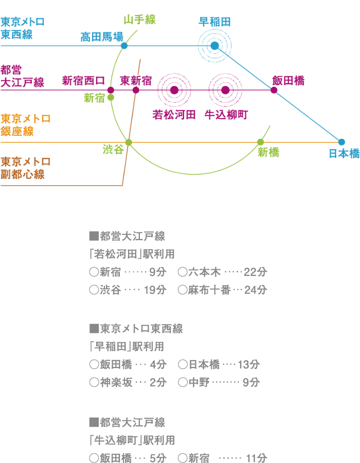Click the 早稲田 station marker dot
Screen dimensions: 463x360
215,46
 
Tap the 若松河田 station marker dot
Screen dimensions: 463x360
174,90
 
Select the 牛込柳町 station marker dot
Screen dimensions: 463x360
225,90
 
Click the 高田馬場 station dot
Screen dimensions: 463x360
124,46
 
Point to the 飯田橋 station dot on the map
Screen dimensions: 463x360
274,90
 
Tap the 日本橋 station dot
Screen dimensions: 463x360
341,142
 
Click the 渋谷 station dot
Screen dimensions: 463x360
129,142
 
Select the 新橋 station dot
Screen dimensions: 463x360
260,142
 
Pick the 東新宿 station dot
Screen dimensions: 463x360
136,90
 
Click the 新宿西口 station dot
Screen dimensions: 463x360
111,90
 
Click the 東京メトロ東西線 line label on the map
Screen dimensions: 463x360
23,28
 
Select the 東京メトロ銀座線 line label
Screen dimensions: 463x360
25,125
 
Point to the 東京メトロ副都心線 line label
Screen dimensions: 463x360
25,168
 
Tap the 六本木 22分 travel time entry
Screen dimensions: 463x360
222,272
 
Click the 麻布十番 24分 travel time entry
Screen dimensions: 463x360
222,290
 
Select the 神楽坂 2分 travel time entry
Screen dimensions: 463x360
128,382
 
